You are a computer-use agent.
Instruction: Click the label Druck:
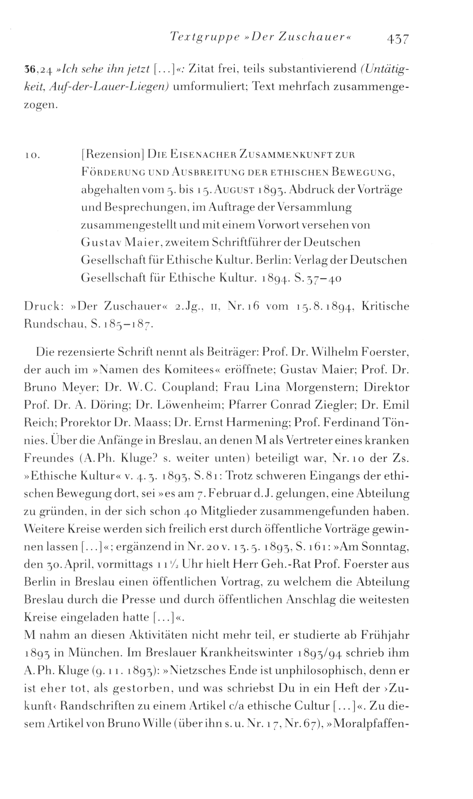coord(44,306)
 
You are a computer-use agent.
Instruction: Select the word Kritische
coord(385,306)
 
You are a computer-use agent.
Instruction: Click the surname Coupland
coord(189,387)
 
